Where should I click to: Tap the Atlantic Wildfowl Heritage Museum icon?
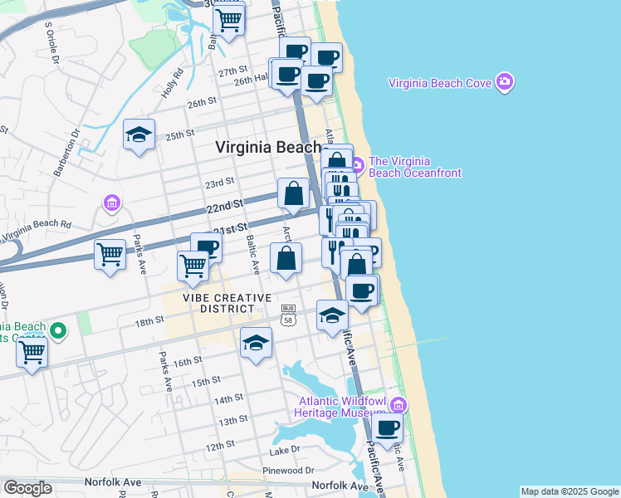(399, 405)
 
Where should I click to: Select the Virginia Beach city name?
(267, 147)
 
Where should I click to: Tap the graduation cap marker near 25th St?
(139, 134)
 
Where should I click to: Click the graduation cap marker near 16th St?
(257, 342)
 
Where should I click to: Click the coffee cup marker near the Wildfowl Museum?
(387, 428)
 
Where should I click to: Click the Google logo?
(27, 488)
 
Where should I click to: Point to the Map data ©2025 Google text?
(569, 491)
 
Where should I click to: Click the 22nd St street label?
(225, 204)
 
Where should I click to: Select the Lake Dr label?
(285, 451)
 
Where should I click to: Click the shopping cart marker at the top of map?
(229, 17)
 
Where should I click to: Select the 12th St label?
(221, 447)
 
